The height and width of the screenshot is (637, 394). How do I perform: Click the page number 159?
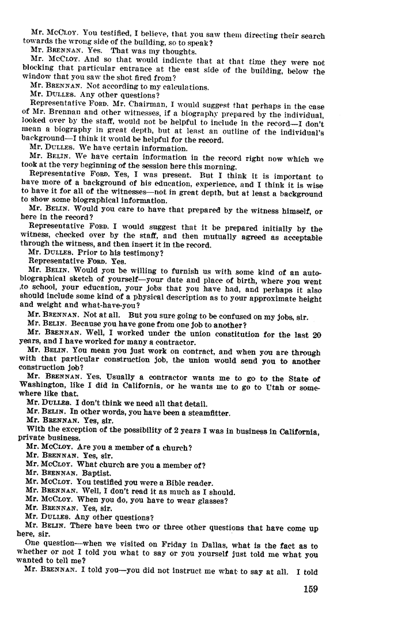point(309,589)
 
